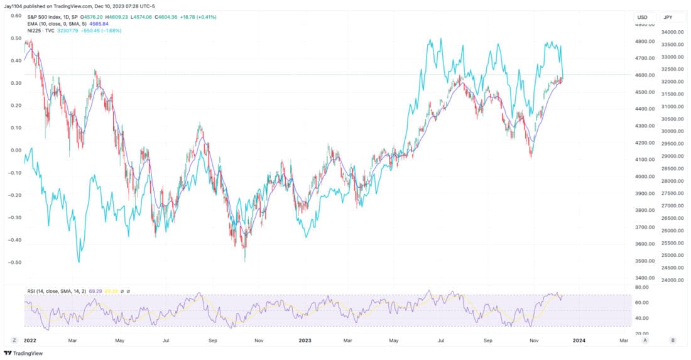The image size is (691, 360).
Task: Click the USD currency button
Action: pyautogui.click(x=642, y=17)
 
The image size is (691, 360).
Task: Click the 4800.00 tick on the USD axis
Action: pyautogui.click(x=643, y=41)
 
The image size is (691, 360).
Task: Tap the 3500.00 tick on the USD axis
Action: pyautogui.click(x=643, y=261)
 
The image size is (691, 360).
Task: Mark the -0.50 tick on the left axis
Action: pyautogui.click(x=15, y=262)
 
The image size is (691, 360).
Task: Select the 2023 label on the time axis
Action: pyautogui.click(x=305, y=340)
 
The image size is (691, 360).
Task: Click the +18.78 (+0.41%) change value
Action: pyautogui.click(x=196, y=17)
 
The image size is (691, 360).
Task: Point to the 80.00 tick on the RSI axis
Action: pyautogui.click(x=640, y=288)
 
